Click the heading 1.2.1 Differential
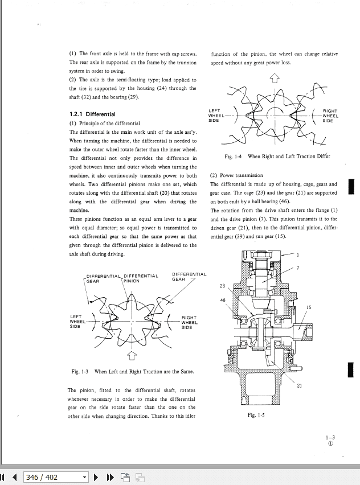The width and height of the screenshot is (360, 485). click(x=92, y=114)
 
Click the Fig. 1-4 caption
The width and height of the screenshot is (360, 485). click(x=277, y=157)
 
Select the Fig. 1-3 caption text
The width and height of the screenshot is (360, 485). click(x=132, y=372)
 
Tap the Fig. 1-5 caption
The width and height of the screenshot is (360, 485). click(x=256, y=415)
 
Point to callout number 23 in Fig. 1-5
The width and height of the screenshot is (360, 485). click(x=222, y=286)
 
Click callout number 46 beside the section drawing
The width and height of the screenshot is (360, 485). click(x=223, y=300)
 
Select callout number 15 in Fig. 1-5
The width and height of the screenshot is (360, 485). click(x=308, y=307)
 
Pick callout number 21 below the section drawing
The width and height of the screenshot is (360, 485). click(x=300, y=386)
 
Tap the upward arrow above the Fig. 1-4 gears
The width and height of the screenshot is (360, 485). click(x=275, y=79)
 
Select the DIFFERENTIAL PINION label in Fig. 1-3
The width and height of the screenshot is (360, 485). click(x=140, y=278)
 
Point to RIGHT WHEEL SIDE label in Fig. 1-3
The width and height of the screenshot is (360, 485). click(x=189, y=323)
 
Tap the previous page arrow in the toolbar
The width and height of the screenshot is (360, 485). click(x=15, y=477)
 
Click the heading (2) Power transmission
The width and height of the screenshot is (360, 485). click(x=236, y=176)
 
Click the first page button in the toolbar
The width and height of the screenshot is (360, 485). click(x=3, y=477)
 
